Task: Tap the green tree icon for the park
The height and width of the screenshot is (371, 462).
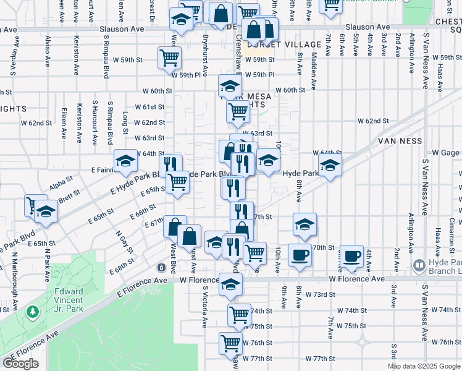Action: (x=32, y=312)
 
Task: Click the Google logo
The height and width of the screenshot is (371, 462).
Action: (x=20, y=363)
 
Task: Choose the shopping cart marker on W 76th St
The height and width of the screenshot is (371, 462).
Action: (x=230, y=341)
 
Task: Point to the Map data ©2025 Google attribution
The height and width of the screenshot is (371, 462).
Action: (x=424, y=366)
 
